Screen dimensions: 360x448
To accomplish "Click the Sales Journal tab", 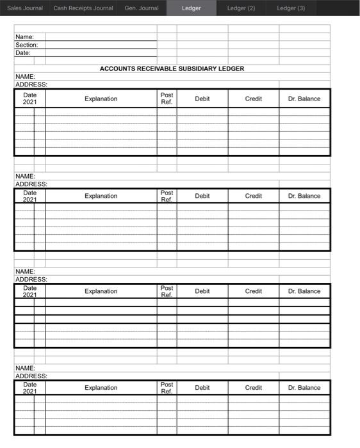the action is [x=25, y=8].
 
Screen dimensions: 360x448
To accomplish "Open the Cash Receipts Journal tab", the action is [x=83, y=8].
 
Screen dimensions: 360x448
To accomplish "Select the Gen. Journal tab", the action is [x=142, y=8].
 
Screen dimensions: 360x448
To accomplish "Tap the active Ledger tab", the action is [x=191, y=8].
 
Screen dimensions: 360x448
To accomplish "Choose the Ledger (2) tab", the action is [x=241, y=8].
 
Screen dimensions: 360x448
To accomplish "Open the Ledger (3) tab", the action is [x=291, y=8].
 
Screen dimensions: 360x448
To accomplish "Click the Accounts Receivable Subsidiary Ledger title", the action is [x=172, y=68].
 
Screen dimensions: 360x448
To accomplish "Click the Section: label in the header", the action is [x=27, y=45].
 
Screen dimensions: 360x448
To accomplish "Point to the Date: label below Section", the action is [x=23, y=53].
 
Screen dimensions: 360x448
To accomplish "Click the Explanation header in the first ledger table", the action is [x=101, y=99].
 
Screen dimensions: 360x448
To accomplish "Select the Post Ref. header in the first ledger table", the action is [x=167, y=99].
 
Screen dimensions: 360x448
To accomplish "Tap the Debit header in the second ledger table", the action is [x=202, y=196].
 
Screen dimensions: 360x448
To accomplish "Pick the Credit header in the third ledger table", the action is [x=253, y=291].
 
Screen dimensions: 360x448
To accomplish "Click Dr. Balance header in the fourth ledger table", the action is [x=304, y=388].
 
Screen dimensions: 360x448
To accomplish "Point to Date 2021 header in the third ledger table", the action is [x=30, y=291].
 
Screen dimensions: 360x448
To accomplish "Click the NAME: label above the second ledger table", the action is [x=25, y=176].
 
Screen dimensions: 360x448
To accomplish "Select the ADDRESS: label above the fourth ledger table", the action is [x=31, y=376].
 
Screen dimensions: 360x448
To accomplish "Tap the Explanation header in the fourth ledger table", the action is [x=101, y=388].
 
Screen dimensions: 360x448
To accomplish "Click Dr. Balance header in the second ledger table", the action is [x=304, y=196].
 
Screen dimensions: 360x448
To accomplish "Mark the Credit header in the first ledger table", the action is [x=253, y=99].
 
